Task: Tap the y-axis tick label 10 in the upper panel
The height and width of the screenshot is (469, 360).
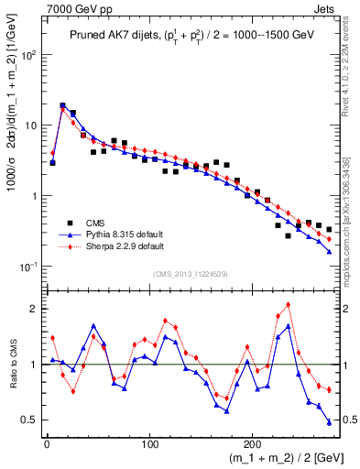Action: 30,125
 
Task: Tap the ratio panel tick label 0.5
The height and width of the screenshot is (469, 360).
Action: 30,420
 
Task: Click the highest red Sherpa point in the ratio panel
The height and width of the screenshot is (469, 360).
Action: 289,304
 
